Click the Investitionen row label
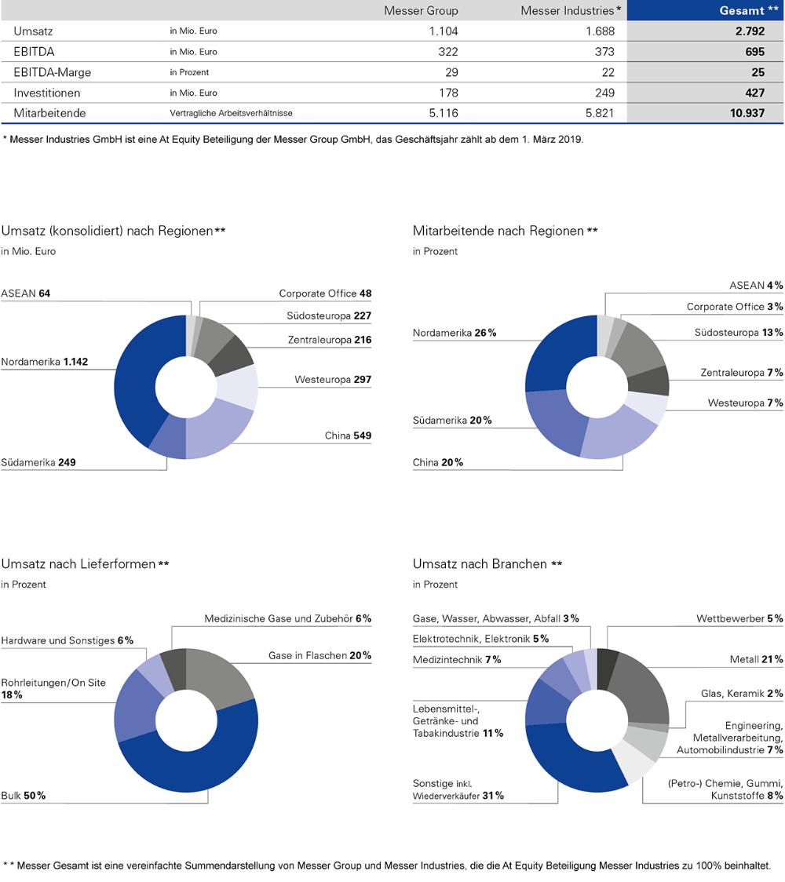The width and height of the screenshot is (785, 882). [47, 93]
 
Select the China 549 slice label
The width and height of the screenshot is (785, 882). [348, 436]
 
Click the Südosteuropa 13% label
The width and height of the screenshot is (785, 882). [739, 333]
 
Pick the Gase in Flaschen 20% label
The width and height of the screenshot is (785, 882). [319, 655]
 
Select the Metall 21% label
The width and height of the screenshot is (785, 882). [756, 659]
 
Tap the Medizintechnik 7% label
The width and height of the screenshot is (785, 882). [457, 659]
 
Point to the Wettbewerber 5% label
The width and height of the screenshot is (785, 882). [739, 618]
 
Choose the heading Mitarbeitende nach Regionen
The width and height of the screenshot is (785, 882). [505, 231]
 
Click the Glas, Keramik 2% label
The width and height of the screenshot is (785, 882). [742, 694]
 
